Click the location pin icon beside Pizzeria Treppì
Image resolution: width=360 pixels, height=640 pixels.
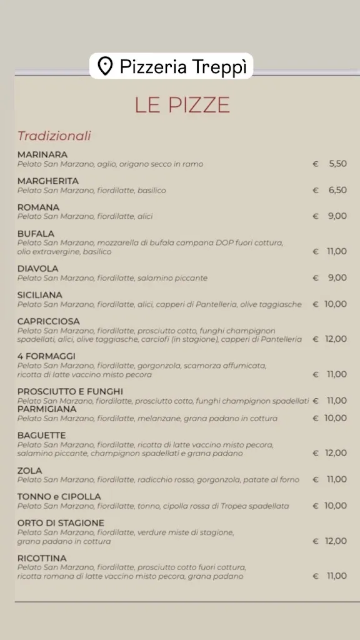[x=106, y=66]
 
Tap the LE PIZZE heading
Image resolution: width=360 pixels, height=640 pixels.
[x=182, y=105]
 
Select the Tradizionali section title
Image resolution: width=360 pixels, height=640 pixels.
[x=54, y=136]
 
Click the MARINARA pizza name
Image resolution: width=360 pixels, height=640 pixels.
[x=42, y=154]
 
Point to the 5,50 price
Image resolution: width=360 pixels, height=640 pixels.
[x=337, y=164]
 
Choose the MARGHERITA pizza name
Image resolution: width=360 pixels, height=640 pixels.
[x=48, y=181]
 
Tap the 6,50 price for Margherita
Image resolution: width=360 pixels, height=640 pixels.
[x=337, y=190]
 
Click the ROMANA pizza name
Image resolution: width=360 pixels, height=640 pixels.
[x=38, y=207]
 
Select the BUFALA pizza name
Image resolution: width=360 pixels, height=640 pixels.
[x=36, y=234]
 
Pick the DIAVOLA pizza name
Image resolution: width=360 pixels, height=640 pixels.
[x=38, y=269]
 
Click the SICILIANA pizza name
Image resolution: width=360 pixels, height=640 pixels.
[x=40, y=295]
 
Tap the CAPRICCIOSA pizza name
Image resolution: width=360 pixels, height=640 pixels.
[x=49, y=321]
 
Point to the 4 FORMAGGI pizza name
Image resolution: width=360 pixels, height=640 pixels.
[x=46, y=356]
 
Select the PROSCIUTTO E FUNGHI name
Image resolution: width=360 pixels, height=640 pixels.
[x=70, y=391]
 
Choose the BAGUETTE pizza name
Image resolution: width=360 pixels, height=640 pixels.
[x=41, y=435]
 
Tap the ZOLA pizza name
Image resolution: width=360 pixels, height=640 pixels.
[x=30, y=470]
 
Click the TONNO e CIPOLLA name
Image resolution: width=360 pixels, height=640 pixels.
[x=59, y=496]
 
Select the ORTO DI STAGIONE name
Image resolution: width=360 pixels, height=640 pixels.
[x=61, y=522]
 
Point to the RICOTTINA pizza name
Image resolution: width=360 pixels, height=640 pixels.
[x=42, y=557]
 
